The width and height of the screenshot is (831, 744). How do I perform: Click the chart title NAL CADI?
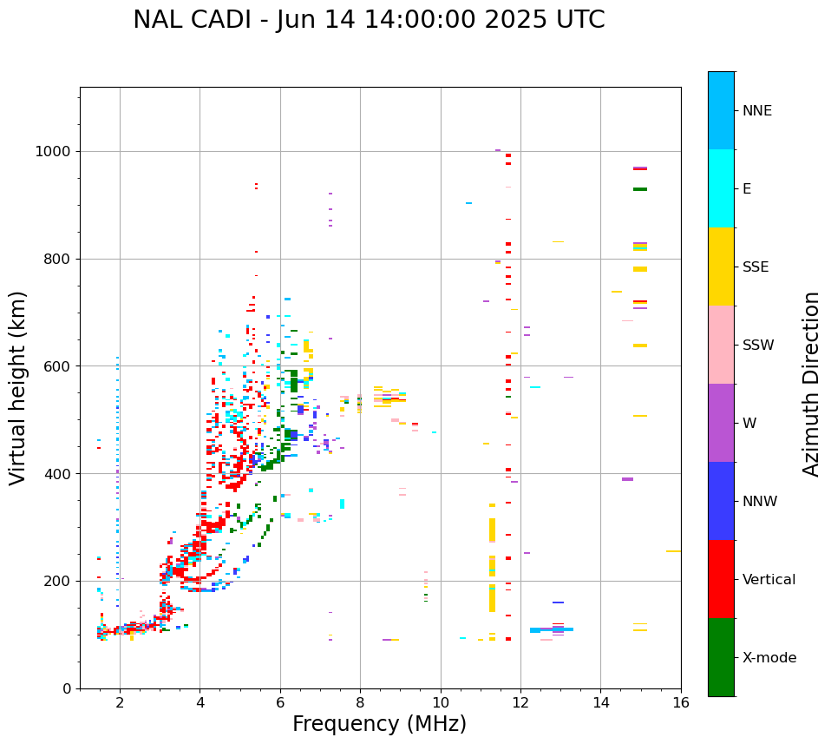tap(369, 20)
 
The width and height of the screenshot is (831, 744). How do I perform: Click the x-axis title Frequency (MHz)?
tap(379, 724)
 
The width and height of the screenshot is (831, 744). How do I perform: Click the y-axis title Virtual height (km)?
tap(18, 388)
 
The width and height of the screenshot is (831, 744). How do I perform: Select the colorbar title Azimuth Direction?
tap(811, 384)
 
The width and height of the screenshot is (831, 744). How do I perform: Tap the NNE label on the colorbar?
tap(756, 111)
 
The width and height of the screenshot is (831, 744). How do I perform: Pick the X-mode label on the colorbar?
tap(769, 658)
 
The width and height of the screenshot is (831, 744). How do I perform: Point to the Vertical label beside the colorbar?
tap(769, 580)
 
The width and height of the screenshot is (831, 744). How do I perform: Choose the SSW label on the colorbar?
tap(757, 346)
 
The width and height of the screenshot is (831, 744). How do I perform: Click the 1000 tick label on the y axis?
tap(54, 152)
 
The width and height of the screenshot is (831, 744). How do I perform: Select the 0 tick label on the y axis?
tap(67, 688)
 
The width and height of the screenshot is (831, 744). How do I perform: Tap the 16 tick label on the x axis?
tap(681, 702)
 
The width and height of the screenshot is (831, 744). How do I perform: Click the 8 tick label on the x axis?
tap(360, 702)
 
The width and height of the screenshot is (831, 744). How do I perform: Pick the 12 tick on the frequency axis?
tap(520, 702)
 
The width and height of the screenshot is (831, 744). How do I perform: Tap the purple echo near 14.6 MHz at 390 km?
tap(627, 479)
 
